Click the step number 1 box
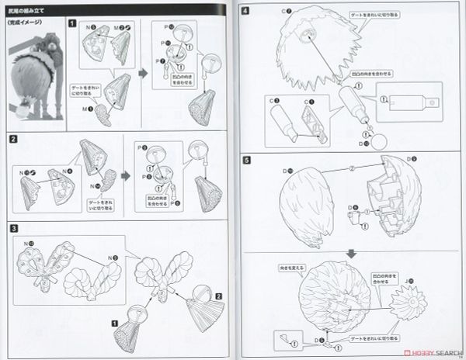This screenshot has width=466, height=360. (72, 23)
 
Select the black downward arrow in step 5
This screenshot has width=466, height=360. (351, 252)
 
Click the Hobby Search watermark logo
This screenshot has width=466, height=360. (423, 351)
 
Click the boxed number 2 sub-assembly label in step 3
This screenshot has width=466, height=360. (220, 296)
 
